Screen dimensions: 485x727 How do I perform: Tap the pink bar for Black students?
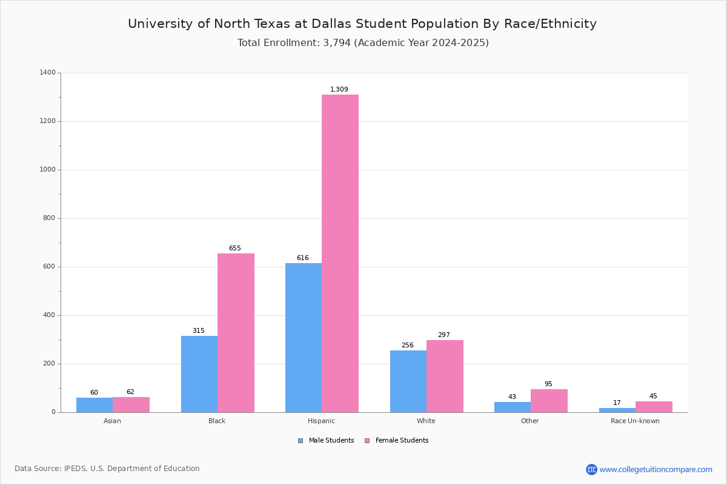[236, 333]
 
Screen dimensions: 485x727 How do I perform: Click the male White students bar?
[408, 381]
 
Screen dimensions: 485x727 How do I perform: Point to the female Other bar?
[549, 401]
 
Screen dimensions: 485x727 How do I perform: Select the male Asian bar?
[95, 405]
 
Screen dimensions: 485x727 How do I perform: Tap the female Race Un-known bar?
[654, 407]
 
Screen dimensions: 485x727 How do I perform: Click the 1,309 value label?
[339, 90]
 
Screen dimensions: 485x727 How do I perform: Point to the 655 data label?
[235, 249]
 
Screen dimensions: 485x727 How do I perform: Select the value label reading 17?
[617, 403]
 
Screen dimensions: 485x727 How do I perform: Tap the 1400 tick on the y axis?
[48, 73]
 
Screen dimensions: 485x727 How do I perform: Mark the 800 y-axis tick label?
[49, 218]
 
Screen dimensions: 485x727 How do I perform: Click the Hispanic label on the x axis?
[321, 421]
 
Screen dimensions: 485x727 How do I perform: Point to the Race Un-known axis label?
[635, 421]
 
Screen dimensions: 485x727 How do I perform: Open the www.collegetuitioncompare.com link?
[656, 469]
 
